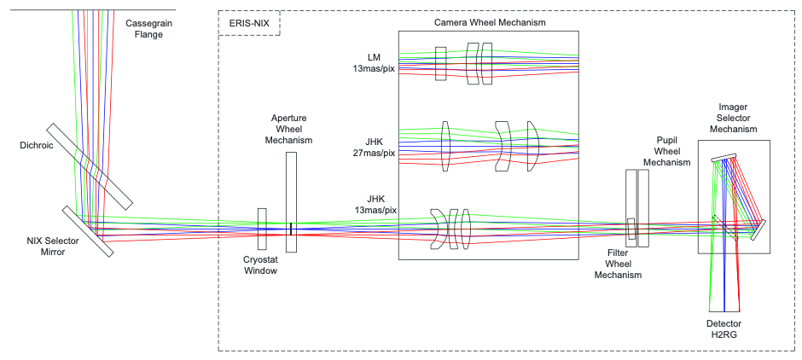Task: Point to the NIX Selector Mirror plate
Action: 87,230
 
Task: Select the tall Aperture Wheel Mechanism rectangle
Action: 291,202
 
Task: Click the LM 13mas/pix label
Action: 375,62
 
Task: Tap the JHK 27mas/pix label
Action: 375,148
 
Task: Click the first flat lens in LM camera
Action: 440,64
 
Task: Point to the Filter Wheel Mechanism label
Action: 618,264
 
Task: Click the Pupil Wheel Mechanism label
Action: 666,151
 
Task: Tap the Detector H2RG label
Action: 724,329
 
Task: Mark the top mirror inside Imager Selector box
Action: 723,157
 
